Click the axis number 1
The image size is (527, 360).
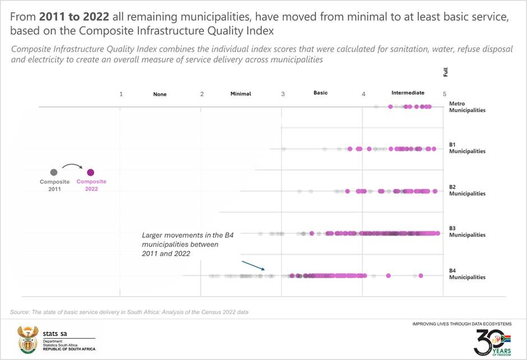(121, 94)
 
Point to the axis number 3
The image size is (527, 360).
(283, 94)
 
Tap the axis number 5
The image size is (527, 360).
(445, 94)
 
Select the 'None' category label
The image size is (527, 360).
(160, 94)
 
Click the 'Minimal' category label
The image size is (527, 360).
(241, 94)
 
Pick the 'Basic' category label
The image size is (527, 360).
(321, 93)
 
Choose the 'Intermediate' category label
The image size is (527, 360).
(408, 93)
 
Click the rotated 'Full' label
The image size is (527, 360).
(445, 72)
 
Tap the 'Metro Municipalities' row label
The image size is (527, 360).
(467, 107)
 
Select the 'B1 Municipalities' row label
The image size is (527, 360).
(467, 148)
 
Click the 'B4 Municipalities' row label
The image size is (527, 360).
(467, 274)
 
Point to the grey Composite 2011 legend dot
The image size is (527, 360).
(54, 173)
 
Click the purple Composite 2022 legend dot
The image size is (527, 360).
(90, 173)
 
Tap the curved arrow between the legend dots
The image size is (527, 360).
(72, 165)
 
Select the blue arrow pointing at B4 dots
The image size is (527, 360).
(253, 265)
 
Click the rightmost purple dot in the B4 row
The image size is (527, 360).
(420, 275)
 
